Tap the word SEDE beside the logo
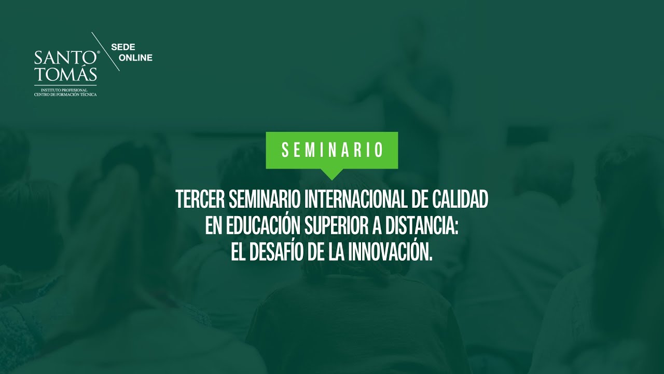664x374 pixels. (123, 47)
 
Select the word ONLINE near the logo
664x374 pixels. (135, 58)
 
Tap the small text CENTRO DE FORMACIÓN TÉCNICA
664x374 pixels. (65, 95)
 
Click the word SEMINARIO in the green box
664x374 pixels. (332, 150)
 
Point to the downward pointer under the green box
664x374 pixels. (332, 174)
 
